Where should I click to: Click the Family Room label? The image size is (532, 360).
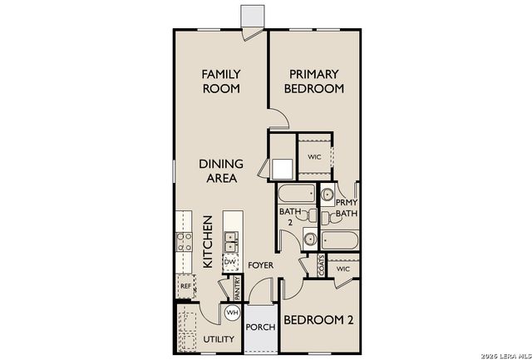tap(221, 81)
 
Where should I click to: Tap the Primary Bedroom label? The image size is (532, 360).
tap(314, 81)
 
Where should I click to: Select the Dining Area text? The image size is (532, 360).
tap(221, 170)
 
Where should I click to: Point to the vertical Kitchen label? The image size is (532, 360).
tap(207, 242)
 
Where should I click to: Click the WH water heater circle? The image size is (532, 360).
tap(232, 312)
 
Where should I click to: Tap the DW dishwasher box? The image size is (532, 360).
tap(230, 262)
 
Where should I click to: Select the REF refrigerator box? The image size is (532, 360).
tap(185, 286)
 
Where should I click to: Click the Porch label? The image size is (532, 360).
tap(260, 327)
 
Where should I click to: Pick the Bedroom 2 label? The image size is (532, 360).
tap(318, 319)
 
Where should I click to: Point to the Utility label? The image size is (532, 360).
tap(219, 339)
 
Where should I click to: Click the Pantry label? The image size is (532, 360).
tap(238, 288)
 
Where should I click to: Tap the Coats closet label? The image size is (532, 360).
tap(322, 266)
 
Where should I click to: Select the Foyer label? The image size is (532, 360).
tap(260, 265)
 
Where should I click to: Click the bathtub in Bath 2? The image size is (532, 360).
tap(297, 194)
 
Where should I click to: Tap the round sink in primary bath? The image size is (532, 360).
tap(328, 195)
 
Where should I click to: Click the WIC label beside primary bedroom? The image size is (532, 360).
tap(314, 157)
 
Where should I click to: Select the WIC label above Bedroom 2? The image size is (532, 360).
tap(343, 269)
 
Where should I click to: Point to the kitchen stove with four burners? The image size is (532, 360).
tap(184, 242)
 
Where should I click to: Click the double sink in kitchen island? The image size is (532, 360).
tap(231, 241)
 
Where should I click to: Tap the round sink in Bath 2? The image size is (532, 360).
tap(310, 239)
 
